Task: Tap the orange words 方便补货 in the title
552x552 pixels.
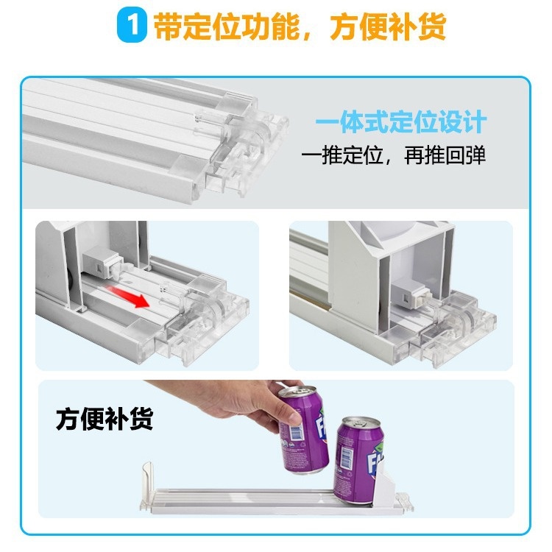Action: pos(388,26)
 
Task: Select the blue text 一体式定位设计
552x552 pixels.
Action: pos(400,121)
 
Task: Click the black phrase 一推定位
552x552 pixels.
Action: pos(342,155)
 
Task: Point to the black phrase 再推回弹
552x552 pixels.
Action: pos(445,155)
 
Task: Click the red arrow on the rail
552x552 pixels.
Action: pos(127,297)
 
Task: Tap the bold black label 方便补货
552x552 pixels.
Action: pos(105,419)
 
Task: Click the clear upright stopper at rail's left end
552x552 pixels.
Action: pos(147,483)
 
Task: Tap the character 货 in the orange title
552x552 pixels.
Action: pos(432,26)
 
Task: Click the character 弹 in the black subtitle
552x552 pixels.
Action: pos(476,155)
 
